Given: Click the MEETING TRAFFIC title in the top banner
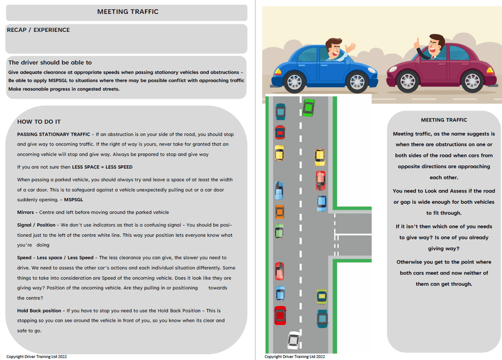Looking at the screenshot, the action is pyautogui.click(x=128, y=12).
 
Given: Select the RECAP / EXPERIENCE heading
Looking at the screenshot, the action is pyautogui.click(x=38, y=29).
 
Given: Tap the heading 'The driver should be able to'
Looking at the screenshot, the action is pyautogui.click(x=50, y=62).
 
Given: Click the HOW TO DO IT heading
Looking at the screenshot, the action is pyautogui.click(x=39, y=122).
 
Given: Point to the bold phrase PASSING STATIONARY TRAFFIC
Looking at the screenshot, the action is pyautogui.click(x=54, y=134).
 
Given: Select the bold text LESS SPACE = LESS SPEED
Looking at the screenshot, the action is pyautogui.click(x=102, y=167).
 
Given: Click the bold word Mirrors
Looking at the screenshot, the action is pyautogui.click(x=26, y=212).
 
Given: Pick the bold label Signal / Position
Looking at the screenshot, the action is pyautogui.click(x=36, y=225).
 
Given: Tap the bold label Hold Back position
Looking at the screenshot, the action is pyautogui.click(x=39, y=310).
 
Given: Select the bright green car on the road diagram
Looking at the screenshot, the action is pyautogui.click(x=309, y=107).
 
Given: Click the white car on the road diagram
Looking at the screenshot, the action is pyautogui.click(x=294, y=340).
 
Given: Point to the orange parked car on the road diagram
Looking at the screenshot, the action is pyautogui.click(x=280, y=212).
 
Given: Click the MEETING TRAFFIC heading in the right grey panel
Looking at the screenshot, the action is pyautogui.click(x=444, y=120).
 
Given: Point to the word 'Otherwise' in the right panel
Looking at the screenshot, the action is pyautogui.click(x=409, y=262).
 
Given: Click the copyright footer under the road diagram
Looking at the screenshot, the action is pyautogui.click(x=294, y=356).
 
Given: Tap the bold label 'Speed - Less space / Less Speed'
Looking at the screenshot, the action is pyautogui.click(x=55, y=258).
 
